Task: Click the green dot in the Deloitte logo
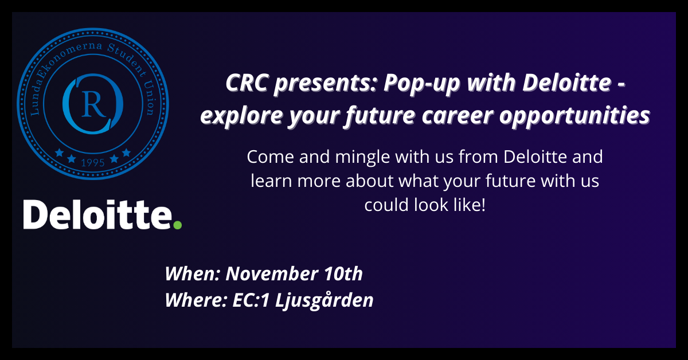178,225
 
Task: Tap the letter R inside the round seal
93,104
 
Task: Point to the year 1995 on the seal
93,162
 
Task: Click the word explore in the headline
241,116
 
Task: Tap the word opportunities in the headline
574,116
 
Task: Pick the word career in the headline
458,116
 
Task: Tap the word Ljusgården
324,300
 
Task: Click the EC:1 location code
251,300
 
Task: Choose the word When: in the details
192,273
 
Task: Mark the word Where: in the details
196,300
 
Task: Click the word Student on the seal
127,59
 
